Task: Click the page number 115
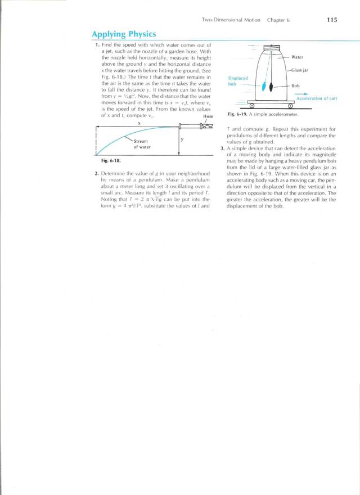(x=331, y=20)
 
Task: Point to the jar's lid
(x=272, y=49)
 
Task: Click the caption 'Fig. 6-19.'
(x=238, y=114)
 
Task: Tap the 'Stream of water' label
(x=141, y=144)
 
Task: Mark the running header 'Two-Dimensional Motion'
(x=231, y=20)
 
